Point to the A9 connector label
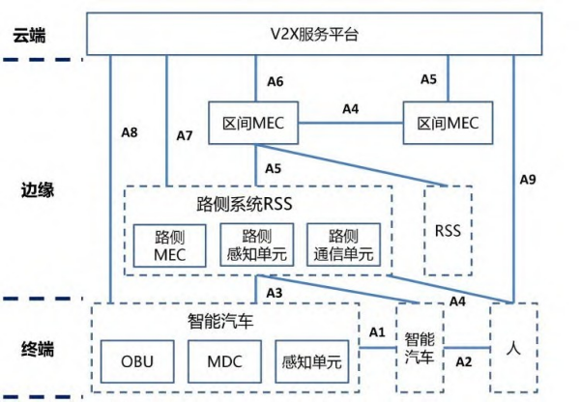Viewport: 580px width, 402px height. click(x=528, y=179)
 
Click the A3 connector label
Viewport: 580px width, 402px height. click(x=274, y=292)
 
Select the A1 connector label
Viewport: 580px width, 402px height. click(x=377, y=331)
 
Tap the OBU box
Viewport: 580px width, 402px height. click(x=137, y=362)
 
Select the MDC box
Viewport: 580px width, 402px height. click(x=224, y=362)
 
